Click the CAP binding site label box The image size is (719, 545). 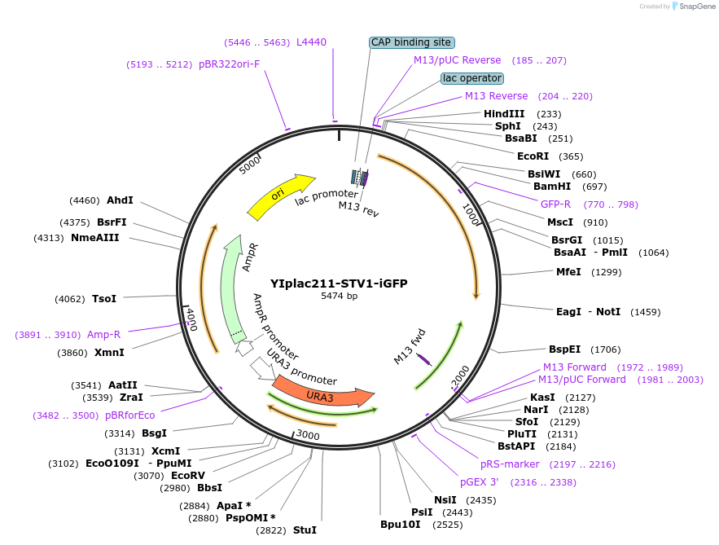coord(411,42)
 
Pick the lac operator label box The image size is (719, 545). coord(472,78)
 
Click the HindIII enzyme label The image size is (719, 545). coord(504,114)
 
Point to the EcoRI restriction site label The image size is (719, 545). coord(533,156)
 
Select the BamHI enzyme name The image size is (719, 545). coord(551,187)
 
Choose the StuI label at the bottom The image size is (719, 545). coord(305,530)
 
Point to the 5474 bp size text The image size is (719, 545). coord(339,297)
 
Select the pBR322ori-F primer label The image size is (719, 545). coord(229,64)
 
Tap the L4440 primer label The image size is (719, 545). coord(311,42)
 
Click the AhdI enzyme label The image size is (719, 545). coord(120,200)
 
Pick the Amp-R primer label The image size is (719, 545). coord(103,334)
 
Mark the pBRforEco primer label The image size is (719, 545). coord(129,415)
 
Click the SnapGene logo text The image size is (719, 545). coord(694,6)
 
